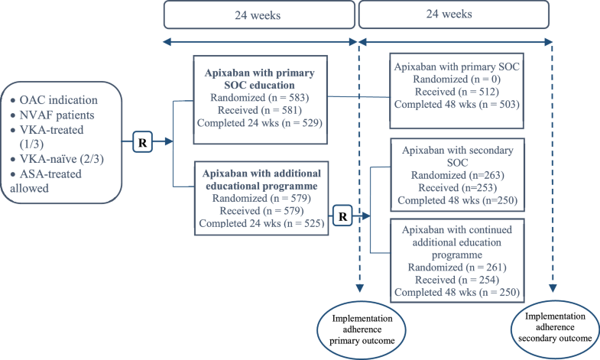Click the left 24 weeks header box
click(x=259, y=15)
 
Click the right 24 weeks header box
click(x=457, y=15)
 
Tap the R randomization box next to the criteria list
click(x=143, y=141)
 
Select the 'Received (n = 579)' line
click(x=259, y=209)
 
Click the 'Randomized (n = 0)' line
click(x=456, y=79)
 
